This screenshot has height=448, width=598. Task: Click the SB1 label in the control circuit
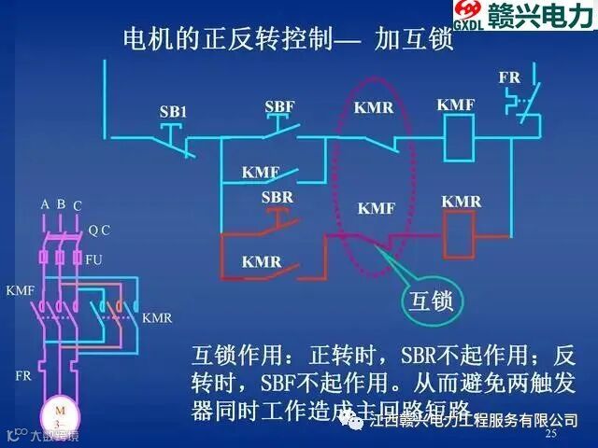point(173,112)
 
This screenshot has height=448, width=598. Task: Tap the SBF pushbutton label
point(279,106)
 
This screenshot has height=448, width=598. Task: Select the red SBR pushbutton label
point(278,197)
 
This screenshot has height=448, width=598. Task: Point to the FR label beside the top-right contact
point(509,77)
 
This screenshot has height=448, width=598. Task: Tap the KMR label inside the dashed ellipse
point(374,107)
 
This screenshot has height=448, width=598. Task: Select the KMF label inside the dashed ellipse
point(377,208)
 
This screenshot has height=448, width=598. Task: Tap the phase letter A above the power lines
point(44,204)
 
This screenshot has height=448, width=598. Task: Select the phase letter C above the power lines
point(78,205)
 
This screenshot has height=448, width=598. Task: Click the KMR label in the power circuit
point(157,317)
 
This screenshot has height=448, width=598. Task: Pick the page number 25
point(550,434)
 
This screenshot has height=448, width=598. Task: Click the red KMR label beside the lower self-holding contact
point(262,262)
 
